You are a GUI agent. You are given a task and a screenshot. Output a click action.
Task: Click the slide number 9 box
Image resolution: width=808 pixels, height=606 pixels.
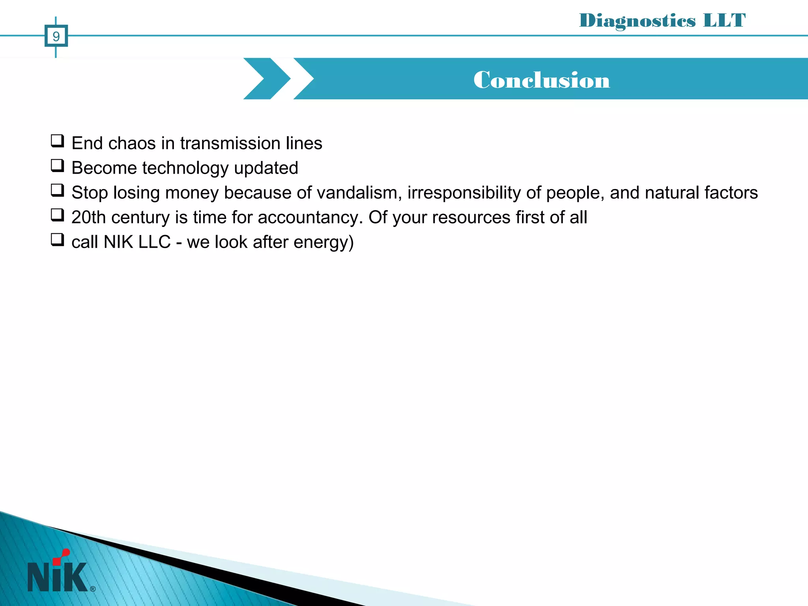56,36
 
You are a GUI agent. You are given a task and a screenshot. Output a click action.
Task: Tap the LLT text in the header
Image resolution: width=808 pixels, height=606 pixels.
724,21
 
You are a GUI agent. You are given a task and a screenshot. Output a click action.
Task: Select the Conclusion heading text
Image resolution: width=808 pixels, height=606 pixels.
542,80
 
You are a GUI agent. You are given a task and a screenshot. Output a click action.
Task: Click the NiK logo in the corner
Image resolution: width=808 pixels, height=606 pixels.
58,576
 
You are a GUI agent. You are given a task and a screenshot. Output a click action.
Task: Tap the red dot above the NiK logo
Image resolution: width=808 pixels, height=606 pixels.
66,553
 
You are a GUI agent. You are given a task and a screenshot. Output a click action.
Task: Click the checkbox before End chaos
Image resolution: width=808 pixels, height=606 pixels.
57,141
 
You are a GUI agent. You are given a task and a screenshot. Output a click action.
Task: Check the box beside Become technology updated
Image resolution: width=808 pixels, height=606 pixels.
57,166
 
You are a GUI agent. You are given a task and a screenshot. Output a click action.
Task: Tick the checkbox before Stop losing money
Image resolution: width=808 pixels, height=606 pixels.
57,191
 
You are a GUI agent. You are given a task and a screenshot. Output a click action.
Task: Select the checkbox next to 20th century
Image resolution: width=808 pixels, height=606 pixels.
57,215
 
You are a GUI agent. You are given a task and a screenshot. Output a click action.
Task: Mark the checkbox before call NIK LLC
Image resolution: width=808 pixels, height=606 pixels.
57,240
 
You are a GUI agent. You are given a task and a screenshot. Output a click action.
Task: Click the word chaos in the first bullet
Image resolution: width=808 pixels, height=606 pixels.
132,143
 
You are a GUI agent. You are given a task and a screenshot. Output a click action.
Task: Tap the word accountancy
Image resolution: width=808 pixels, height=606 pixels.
310,218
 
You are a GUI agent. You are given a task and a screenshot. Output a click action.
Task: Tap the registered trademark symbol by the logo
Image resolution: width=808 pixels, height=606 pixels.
93,589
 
